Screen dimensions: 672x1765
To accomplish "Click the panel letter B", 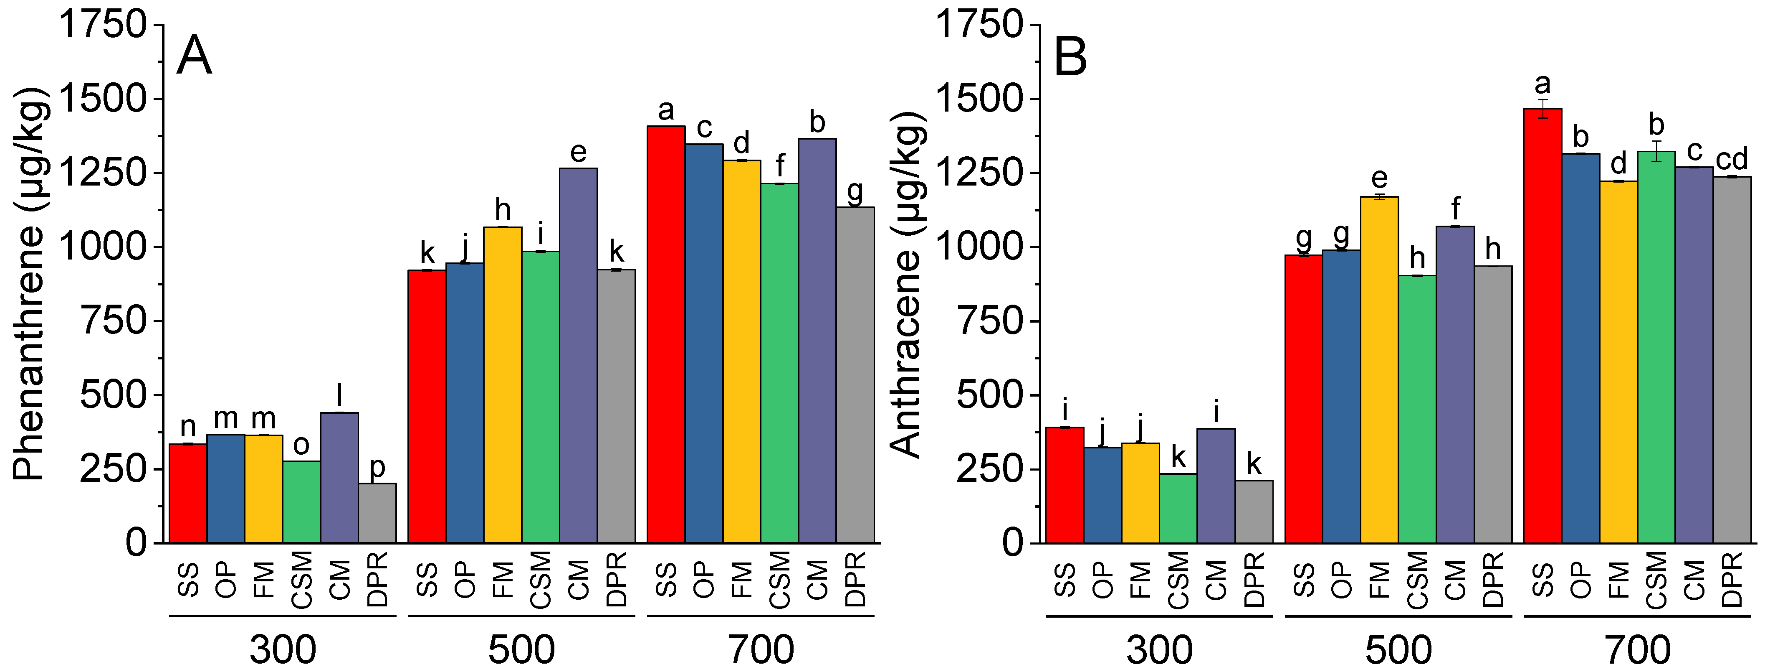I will (x=1070, y=56).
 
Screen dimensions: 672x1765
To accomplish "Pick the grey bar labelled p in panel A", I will (x=377, y=513).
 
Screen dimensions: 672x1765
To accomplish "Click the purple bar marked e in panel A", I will (x=578, y=356).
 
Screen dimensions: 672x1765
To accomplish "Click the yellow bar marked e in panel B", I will (x=1379, y=370).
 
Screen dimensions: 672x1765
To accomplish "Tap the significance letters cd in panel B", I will (x=1732, y=160).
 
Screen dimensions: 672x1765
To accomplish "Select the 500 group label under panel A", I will (x=521, y=649).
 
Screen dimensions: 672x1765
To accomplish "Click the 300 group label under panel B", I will (x=1159, y=649).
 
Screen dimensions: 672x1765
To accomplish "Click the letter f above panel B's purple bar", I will (x=1455, y=208).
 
